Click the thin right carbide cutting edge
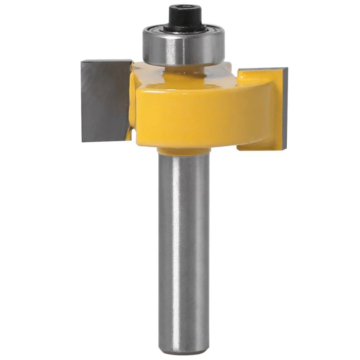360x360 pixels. (285, 108)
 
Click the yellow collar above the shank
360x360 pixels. (183, 151)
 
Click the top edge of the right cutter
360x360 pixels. (263, 69)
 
